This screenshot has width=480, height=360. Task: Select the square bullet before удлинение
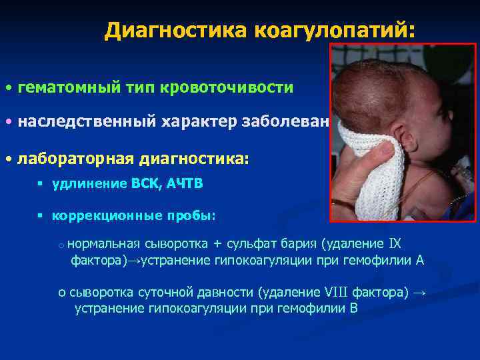(x=41, y=185)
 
